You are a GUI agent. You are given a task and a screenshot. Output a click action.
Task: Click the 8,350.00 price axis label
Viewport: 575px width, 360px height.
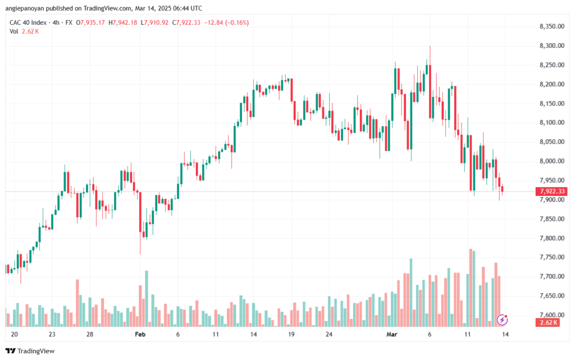[551, 26]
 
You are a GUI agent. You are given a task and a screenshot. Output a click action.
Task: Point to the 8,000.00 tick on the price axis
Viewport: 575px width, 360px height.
[551, 161]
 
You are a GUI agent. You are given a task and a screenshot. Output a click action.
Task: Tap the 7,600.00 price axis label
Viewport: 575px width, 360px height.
[551, 315]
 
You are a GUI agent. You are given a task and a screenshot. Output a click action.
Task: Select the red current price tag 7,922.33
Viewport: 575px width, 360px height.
[553, 192]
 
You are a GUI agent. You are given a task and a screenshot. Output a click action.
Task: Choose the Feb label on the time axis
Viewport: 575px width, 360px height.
[140, 334]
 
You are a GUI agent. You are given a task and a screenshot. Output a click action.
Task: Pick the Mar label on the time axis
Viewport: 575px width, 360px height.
[393, 334]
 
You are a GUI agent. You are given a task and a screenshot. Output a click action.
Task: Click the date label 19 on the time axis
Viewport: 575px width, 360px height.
[291, 334]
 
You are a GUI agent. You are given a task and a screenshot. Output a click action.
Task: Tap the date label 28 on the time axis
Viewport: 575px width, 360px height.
[89, 334]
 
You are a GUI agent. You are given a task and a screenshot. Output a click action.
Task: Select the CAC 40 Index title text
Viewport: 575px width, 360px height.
[29, 22]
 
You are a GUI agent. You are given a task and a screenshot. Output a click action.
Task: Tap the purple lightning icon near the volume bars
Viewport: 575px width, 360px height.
[503, 320]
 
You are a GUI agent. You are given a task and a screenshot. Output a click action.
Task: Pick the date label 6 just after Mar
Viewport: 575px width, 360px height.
[430, 334]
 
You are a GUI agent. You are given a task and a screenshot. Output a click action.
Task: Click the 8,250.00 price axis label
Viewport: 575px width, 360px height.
[551, 65]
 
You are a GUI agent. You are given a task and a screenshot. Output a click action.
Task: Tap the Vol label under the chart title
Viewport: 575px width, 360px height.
[13, 31]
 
